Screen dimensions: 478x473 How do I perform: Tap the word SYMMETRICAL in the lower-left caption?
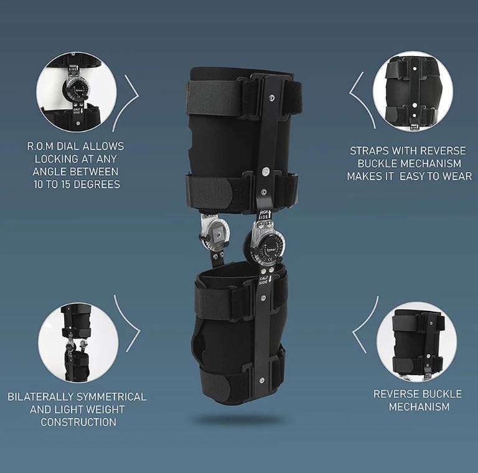pos(111,397)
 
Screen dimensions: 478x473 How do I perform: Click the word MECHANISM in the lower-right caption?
pos(419,407)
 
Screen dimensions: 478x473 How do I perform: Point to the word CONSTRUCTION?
pos(78,422)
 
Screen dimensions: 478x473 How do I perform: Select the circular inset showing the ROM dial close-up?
pos(76,92)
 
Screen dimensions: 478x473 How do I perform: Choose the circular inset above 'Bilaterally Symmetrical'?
pos(78,342)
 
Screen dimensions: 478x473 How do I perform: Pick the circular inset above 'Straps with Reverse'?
pos(413,91)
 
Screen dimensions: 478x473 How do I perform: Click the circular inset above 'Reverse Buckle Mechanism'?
pos(417,342)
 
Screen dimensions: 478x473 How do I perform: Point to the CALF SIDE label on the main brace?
pos(265,280)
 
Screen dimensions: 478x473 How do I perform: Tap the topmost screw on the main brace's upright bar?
pos(271,98)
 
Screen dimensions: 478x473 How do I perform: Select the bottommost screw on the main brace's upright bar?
pos(262,380)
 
